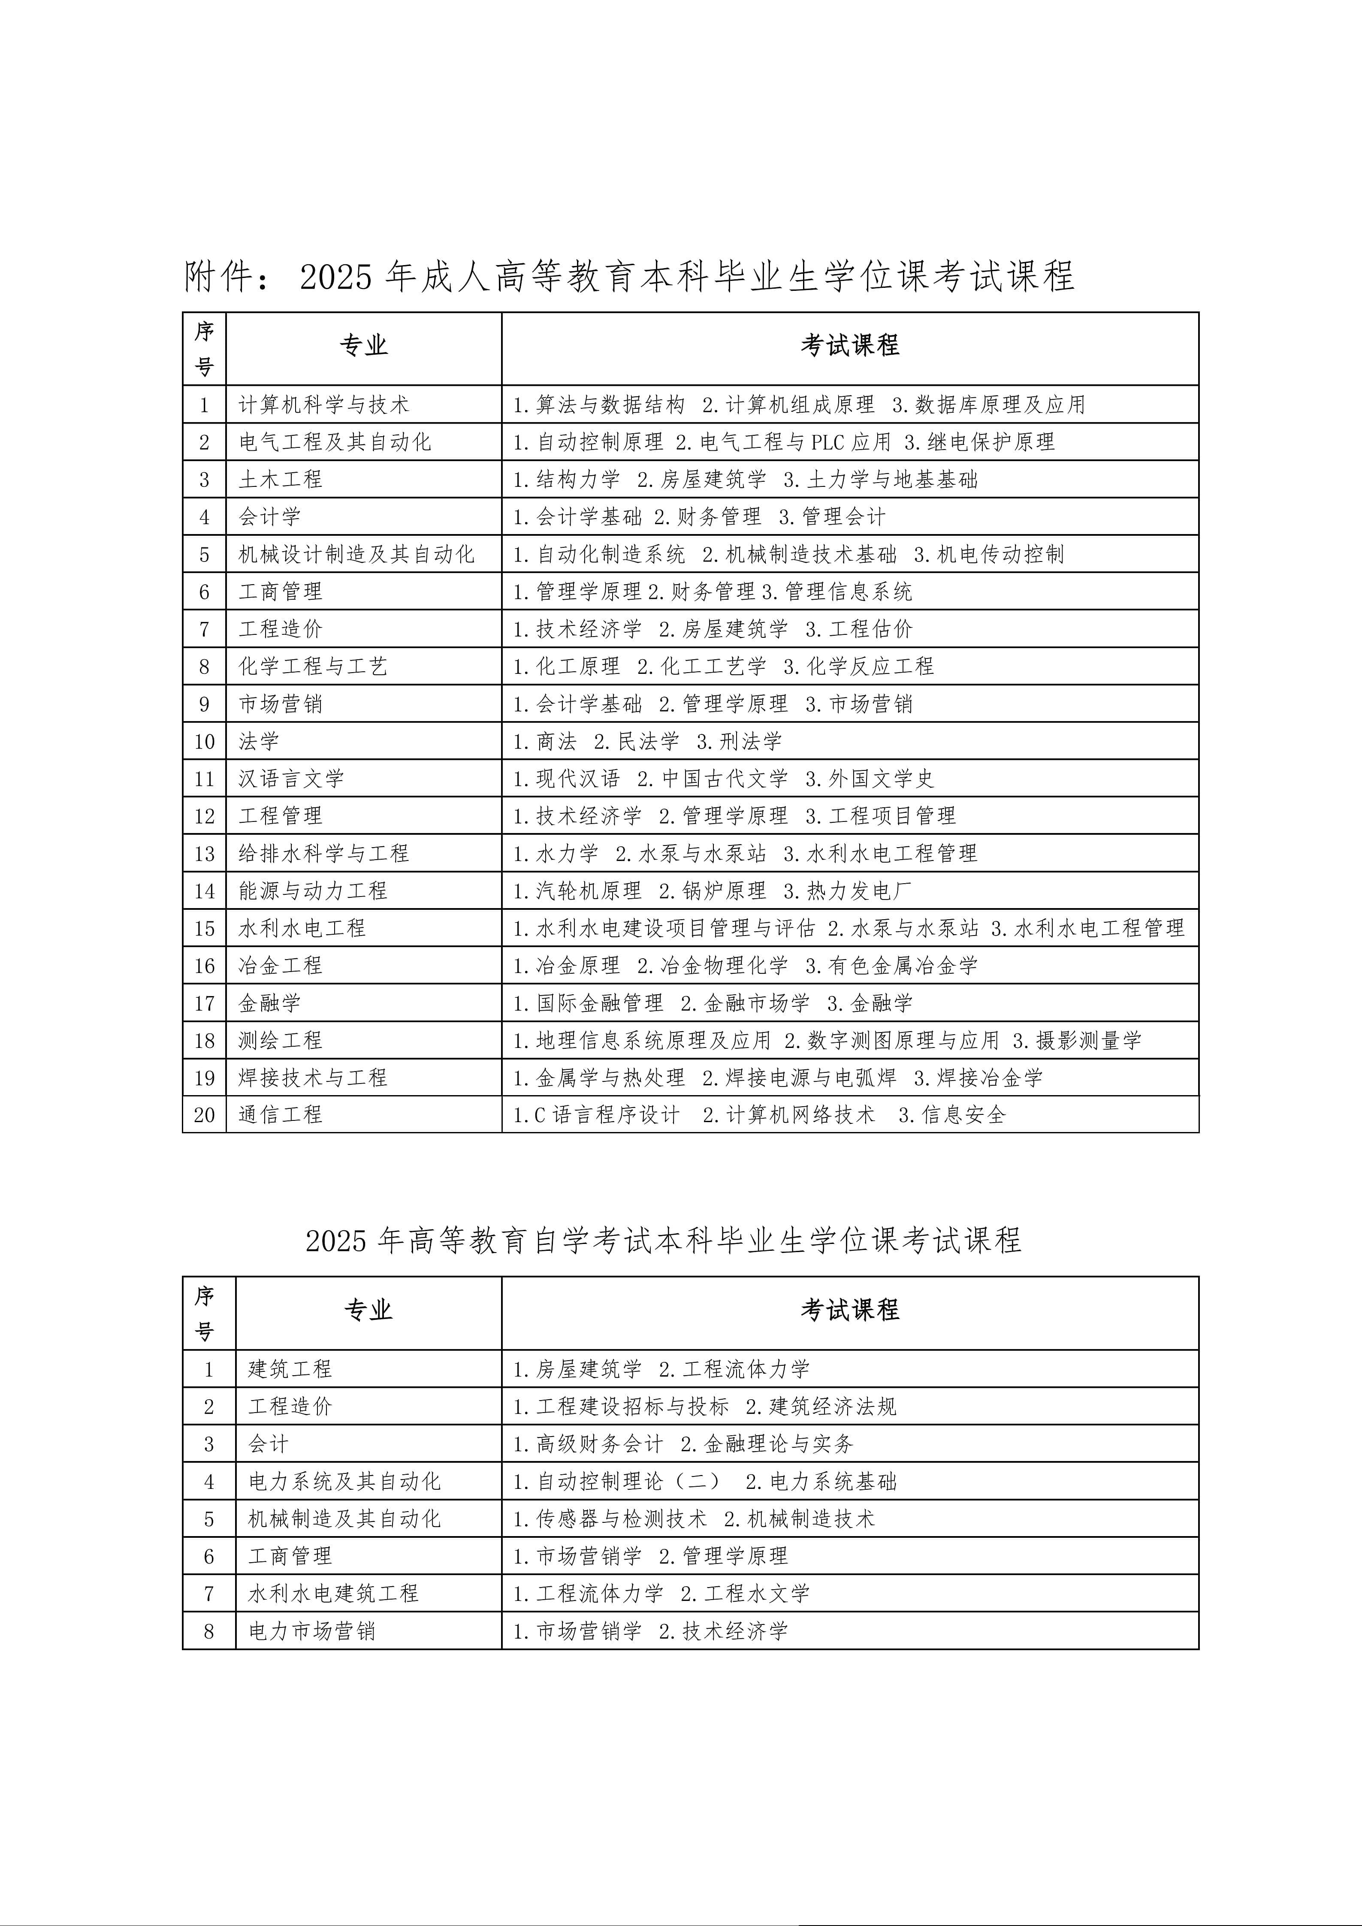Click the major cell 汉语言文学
(291, 779)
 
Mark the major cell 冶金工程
(280, 966)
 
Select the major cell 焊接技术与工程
(313, 1078)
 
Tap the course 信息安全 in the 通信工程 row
(963, 1115)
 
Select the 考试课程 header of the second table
(849, 1310)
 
